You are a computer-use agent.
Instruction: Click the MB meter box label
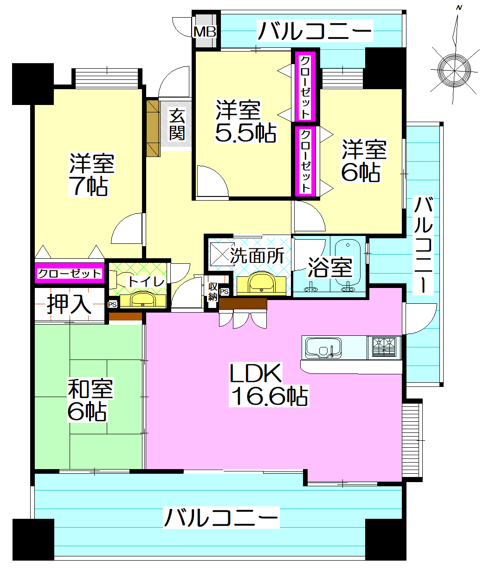pos(205,32)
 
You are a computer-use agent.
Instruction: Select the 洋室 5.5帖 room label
pos(246,121)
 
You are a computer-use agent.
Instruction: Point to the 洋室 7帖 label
pos(91,175)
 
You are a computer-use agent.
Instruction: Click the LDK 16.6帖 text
pos(269,385)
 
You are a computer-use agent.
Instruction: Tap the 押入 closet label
pos(69,304)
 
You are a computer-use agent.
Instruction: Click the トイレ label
pos(146,282)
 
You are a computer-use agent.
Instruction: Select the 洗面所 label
pos(257,255)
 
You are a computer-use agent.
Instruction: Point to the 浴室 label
pos(330,268)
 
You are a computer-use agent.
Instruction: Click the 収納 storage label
pos(213,292)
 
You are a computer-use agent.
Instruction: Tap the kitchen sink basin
pos(323,348)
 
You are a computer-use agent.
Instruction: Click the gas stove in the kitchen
pos(384,347)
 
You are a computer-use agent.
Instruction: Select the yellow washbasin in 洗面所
pos(262,283)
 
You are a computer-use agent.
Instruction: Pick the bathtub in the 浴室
pos(348,262)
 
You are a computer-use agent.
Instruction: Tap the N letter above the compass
pos(459,8)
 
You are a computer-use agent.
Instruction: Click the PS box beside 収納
pos(224,292)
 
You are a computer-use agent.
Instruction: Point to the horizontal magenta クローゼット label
pos(70,274)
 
